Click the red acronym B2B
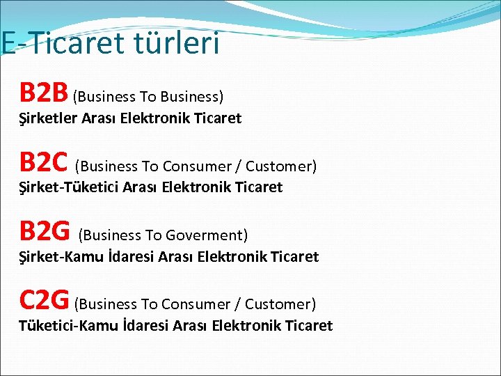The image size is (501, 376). [x=44, y=92]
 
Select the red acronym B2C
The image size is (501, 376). [x=44, y=162]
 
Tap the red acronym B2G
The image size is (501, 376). [x=45, y=230]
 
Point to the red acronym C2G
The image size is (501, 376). [x=44, y=299]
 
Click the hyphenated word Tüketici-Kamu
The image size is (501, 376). [x=68, y=325]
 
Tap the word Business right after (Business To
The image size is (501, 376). [x=193, y=97]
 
